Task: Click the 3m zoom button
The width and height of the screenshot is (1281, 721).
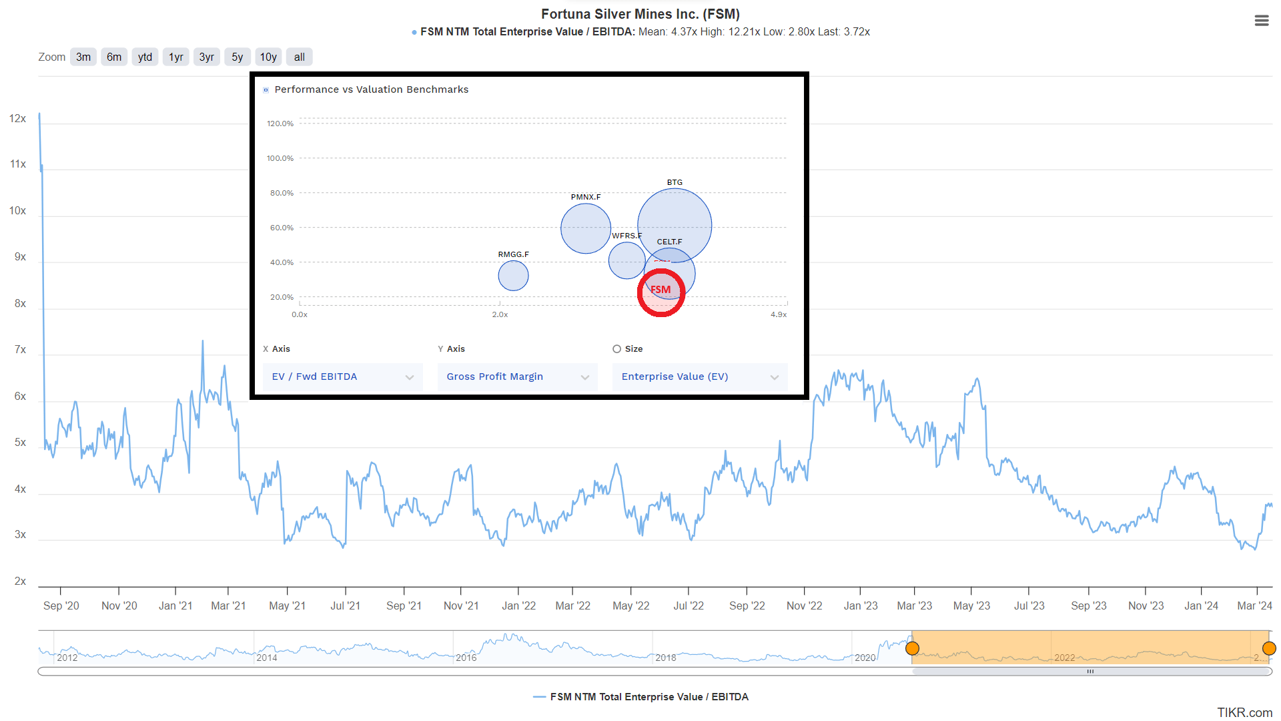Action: (x=83, y=57)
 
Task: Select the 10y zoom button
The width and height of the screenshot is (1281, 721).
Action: (x=268, y=57)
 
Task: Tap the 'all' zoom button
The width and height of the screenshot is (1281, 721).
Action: (x=300, y=57)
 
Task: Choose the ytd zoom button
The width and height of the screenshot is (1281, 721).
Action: (x=145, y=57)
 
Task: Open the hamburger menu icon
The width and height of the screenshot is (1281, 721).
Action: (x=1261, y=21)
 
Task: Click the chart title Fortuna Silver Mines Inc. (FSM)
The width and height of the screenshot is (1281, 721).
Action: (x=640, y=14)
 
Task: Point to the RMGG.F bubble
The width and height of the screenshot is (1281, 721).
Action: (x=513, y=276)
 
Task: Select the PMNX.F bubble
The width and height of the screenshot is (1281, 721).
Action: (x=585, y=228)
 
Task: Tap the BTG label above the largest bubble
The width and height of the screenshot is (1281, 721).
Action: (x=675, y=182)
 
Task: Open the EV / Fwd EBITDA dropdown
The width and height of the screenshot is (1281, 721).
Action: (x=342, y=377)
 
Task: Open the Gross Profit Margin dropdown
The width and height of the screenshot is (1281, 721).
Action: (x=517, y=377)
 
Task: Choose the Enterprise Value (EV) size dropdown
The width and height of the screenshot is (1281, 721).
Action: (x=699, y=377)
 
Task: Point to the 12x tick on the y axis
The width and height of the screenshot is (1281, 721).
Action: (x=18, y=119)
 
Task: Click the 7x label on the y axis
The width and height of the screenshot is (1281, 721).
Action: (x=21, y=350)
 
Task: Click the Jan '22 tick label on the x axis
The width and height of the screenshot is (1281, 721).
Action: (x=518, y=606)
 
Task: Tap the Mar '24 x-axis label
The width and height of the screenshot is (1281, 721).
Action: (x=1254, y=606)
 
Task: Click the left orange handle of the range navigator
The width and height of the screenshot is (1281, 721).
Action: (x=912, y=648)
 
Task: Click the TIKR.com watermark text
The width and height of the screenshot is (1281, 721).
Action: (x=1244, y=712)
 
